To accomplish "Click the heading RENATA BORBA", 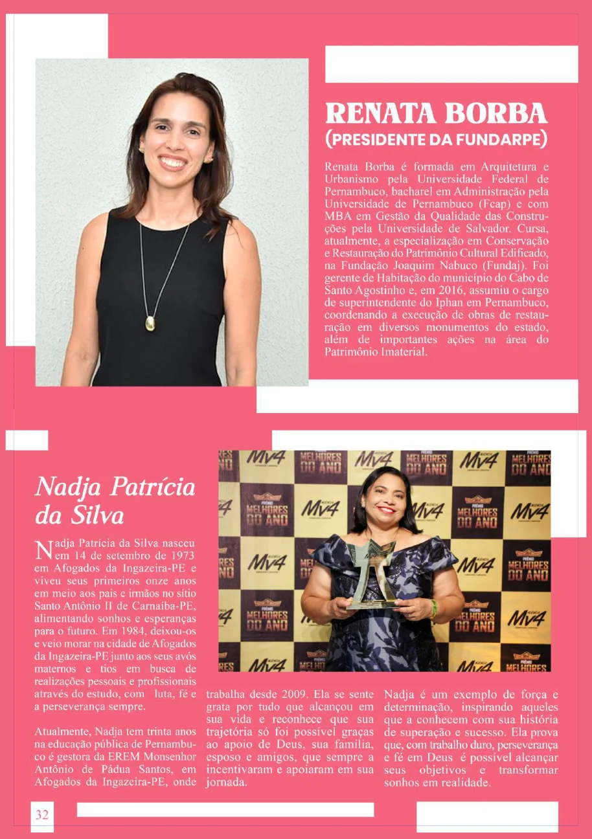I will pos(437,113).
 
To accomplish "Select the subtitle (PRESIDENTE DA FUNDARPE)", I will pos(437,139).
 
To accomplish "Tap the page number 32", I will pos(42,814).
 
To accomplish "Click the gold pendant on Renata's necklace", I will pos(150,322).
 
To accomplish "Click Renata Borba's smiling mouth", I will pos(173,162).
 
